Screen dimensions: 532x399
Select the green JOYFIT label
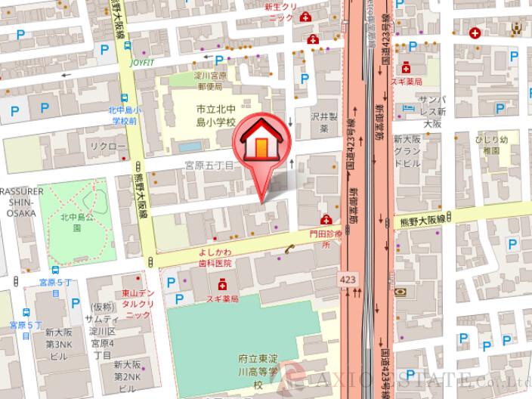pyautogui.click(x=142, y=63)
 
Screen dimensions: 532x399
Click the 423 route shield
pyautogui.click(x=348, y=279)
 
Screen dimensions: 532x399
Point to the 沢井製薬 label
pyautogui.click(x=321, y=123)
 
